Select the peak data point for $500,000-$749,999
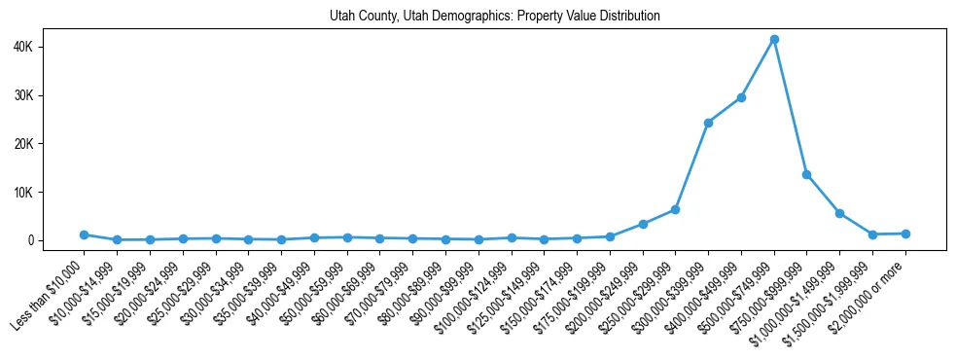774,40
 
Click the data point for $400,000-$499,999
741,97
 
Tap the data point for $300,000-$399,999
708,123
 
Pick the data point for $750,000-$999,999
806,174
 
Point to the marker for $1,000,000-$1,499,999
839,213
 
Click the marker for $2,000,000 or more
905,234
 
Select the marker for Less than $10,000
84,234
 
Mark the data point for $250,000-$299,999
675,209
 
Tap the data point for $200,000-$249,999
643,224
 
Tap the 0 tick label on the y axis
55,240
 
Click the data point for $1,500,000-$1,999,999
872,234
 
